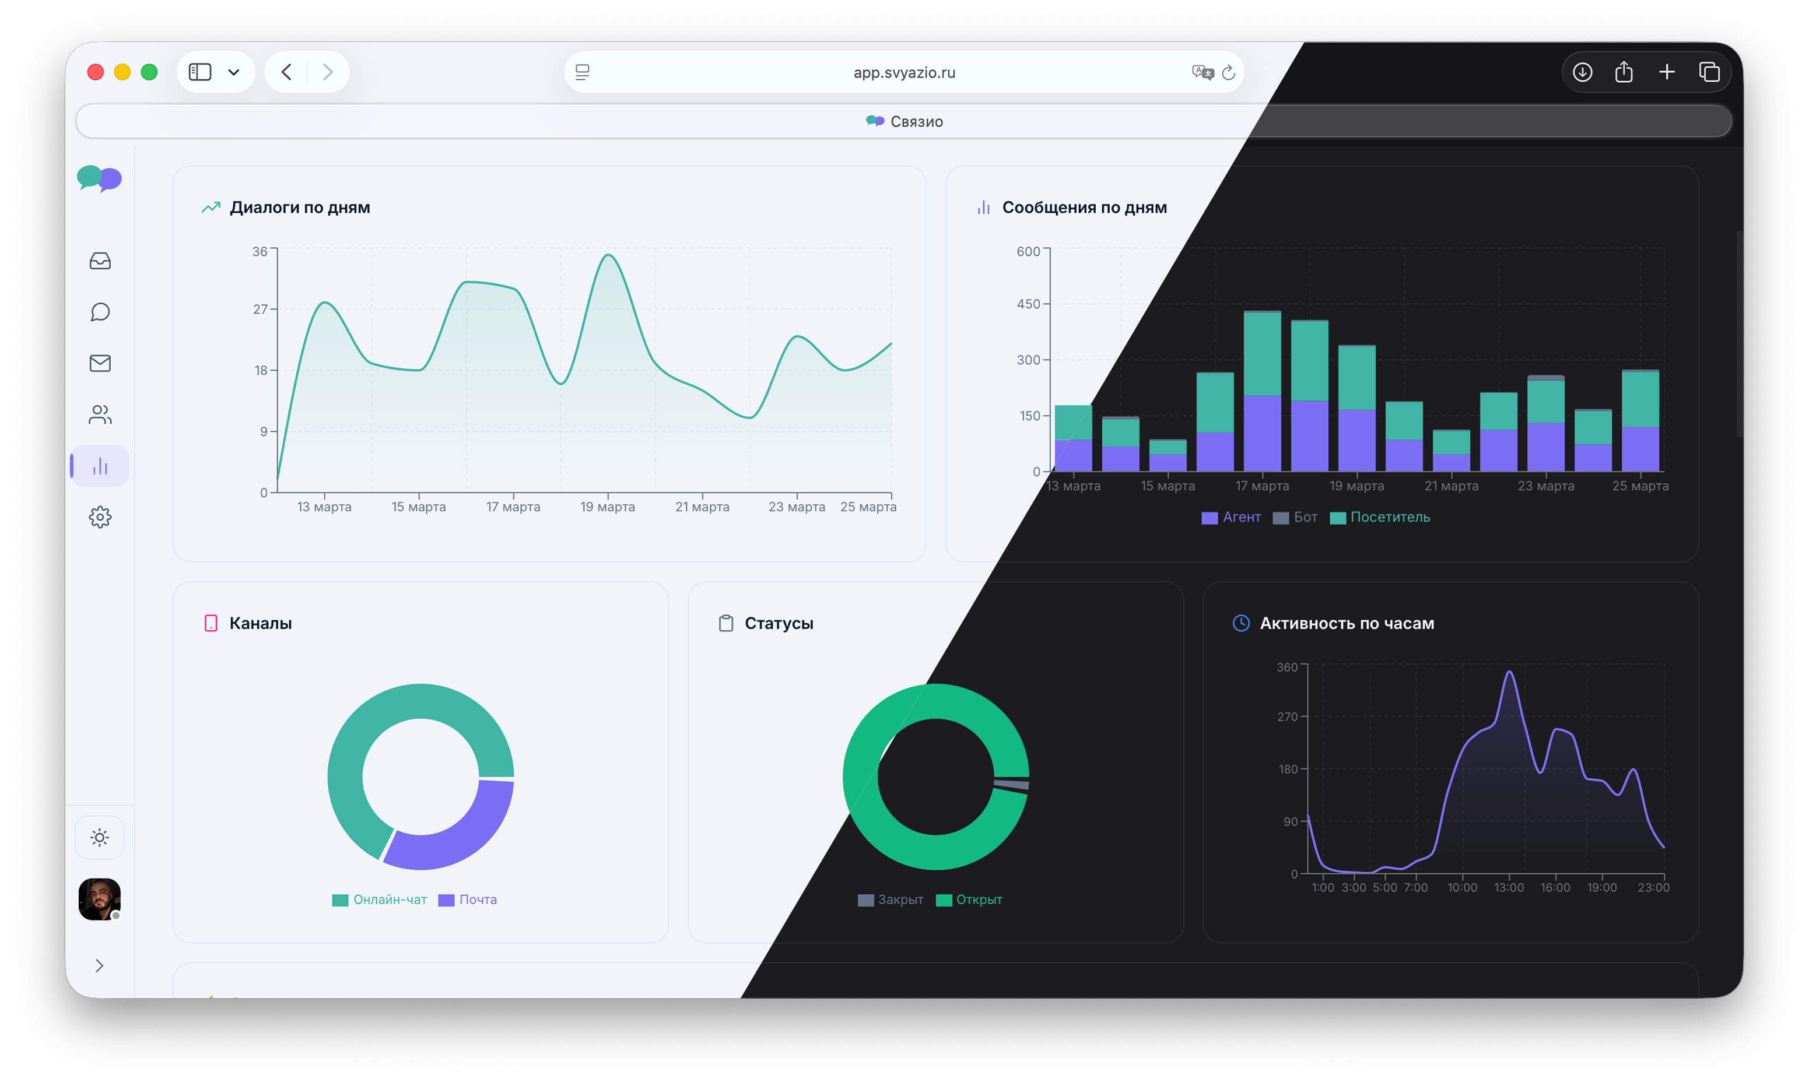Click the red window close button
(x=95, y=72)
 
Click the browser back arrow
(x=286, y=72)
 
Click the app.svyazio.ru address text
(x=904, y=73)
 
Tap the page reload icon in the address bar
(x=1229, y=72)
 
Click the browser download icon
(x=1582, y=72)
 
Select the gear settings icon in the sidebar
(x=100, y=517)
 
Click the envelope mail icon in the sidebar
(x=100, y=363)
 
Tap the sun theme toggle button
(x=100, y=837)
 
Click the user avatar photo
(x=99, y=898)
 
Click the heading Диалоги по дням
(x=300, y=208)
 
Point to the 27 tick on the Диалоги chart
(x=260, y=309)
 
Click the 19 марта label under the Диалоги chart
(x=608, y=507)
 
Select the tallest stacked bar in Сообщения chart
(x=1262, y=391)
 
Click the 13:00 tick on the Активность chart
(x=1509, y=887)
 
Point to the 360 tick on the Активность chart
(x=1287, y=667)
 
